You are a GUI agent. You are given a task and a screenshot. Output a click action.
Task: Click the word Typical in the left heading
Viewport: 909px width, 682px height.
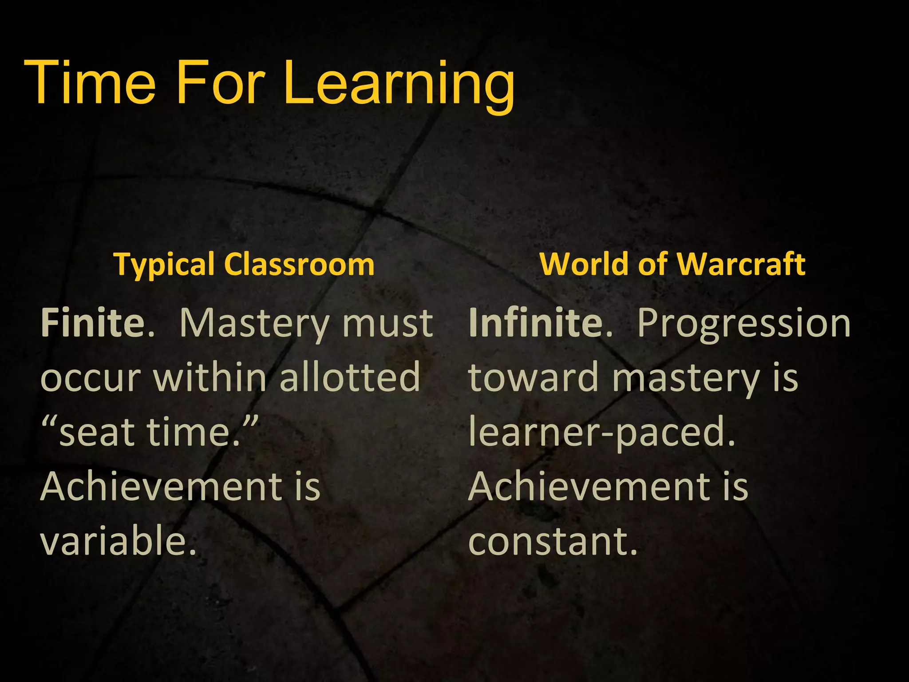[165, 265]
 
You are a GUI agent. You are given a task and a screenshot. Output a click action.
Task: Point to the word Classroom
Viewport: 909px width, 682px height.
[299, 264]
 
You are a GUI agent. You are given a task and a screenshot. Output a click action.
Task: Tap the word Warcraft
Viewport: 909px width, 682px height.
[742, 264]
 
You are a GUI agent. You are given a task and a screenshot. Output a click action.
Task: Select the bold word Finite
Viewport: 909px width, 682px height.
[93, 323]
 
